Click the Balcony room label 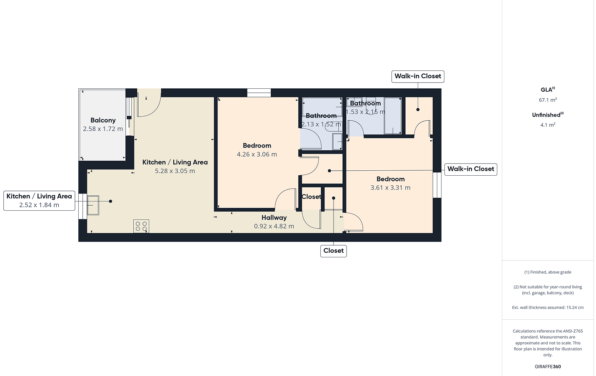coord(103,120)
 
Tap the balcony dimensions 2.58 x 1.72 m coord(103,129)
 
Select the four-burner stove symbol coord(141,226)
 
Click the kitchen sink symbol coord(93,205)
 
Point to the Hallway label coord(274,217)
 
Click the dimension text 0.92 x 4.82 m coord(274,226)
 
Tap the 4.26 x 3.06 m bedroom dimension coord(257,154)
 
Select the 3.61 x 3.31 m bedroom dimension coord(391,188)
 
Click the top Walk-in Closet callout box coord(418,76)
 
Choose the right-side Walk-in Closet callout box coord(471,169)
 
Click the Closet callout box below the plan coord(333,251)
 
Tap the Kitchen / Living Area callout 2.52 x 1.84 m coord(39,201)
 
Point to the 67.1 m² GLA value coord(548,100)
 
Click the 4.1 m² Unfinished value coord(548,125)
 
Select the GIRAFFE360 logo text coord(548,367)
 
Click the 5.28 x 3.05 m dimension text coord(175,171)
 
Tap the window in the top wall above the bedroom coord(259,93)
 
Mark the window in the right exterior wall coord(437,185)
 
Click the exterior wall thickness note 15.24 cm coord(548,307)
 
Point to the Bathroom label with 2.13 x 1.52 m coord(321,120)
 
